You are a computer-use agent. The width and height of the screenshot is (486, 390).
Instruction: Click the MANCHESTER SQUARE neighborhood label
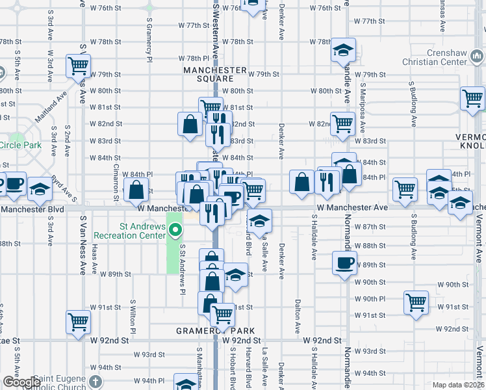click(x=215, y=74)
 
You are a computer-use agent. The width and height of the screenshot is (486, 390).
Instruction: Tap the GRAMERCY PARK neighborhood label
click(x=215, y=330)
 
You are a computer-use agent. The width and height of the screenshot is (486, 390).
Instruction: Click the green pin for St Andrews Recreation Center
click(x=175, y=230)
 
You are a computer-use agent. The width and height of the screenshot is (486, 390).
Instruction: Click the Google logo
click(x=21, y=382)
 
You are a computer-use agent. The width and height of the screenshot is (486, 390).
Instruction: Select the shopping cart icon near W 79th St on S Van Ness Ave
click(x=78, y=65)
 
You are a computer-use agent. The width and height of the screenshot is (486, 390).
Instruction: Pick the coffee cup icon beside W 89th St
click(x=344, y=263)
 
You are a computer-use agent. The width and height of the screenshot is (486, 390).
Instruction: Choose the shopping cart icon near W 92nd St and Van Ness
click(x=78, y=321)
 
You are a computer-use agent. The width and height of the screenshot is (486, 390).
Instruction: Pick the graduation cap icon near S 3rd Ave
click(x=40, y=188)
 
